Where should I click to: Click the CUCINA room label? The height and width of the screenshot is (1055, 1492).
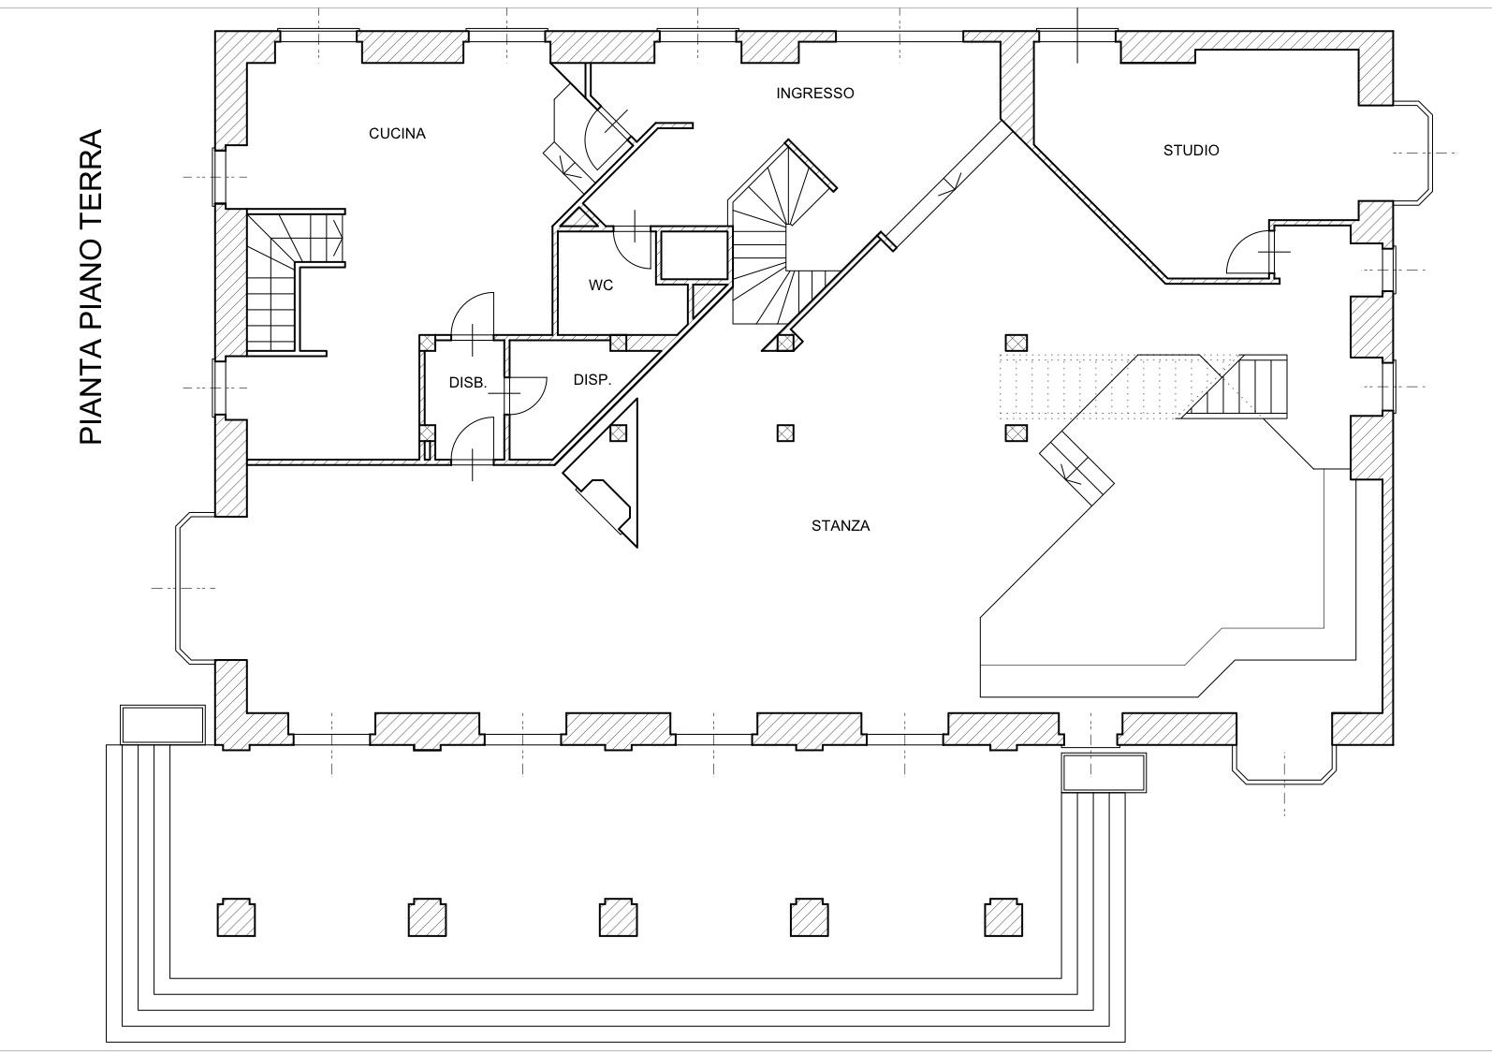coord(397,134)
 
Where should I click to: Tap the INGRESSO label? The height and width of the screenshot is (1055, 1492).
coord(814,94)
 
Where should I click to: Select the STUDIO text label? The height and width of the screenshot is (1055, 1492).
coord(1191,151)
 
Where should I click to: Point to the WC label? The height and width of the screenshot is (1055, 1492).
coord(601,286)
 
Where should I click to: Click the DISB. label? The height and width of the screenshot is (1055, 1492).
coord(468,383)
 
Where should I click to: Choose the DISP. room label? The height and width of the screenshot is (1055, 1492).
coord(592,380)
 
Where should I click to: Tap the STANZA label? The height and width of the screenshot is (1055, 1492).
coord(841,525)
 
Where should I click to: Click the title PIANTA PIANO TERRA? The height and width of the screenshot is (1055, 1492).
coord(91,286)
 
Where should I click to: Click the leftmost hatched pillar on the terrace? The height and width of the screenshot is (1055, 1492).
coord(236,917)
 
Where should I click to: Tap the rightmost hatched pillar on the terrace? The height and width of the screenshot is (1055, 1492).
coord(1003,917)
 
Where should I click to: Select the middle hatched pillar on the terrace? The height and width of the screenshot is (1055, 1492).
coord(618,917)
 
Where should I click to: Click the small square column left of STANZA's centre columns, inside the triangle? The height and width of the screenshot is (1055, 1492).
coord(619,432)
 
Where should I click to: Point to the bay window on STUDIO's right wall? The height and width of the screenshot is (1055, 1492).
coord(1412,152)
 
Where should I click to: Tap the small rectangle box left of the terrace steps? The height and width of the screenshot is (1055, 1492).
coord(163,725)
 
